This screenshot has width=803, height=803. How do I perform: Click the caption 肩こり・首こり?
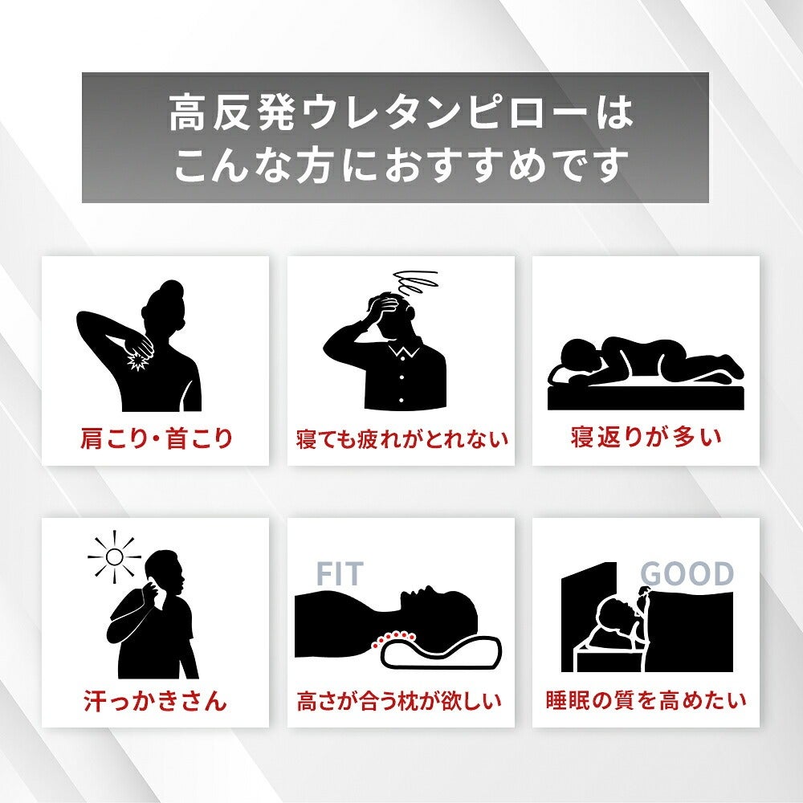[157, 439]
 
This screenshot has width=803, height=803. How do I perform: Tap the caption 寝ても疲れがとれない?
[401, 439]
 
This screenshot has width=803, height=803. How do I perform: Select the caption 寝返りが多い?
[646, 438]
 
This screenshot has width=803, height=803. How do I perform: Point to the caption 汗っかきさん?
[155, 700]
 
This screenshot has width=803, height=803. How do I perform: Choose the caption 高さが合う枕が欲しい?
[399, 700]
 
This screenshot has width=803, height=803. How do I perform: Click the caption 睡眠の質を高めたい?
[646, 700]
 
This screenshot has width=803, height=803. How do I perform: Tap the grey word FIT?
[340, 573]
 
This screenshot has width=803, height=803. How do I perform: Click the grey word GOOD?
[687, 573]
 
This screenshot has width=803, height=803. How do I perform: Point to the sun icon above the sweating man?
[114, 556]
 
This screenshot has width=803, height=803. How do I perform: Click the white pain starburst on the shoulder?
[137, 361]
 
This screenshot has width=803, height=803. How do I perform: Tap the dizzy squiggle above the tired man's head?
[415, 282]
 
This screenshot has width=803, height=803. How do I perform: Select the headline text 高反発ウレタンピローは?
[401, 114]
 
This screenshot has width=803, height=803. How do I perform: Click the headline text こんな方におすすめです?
[401, 165]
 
